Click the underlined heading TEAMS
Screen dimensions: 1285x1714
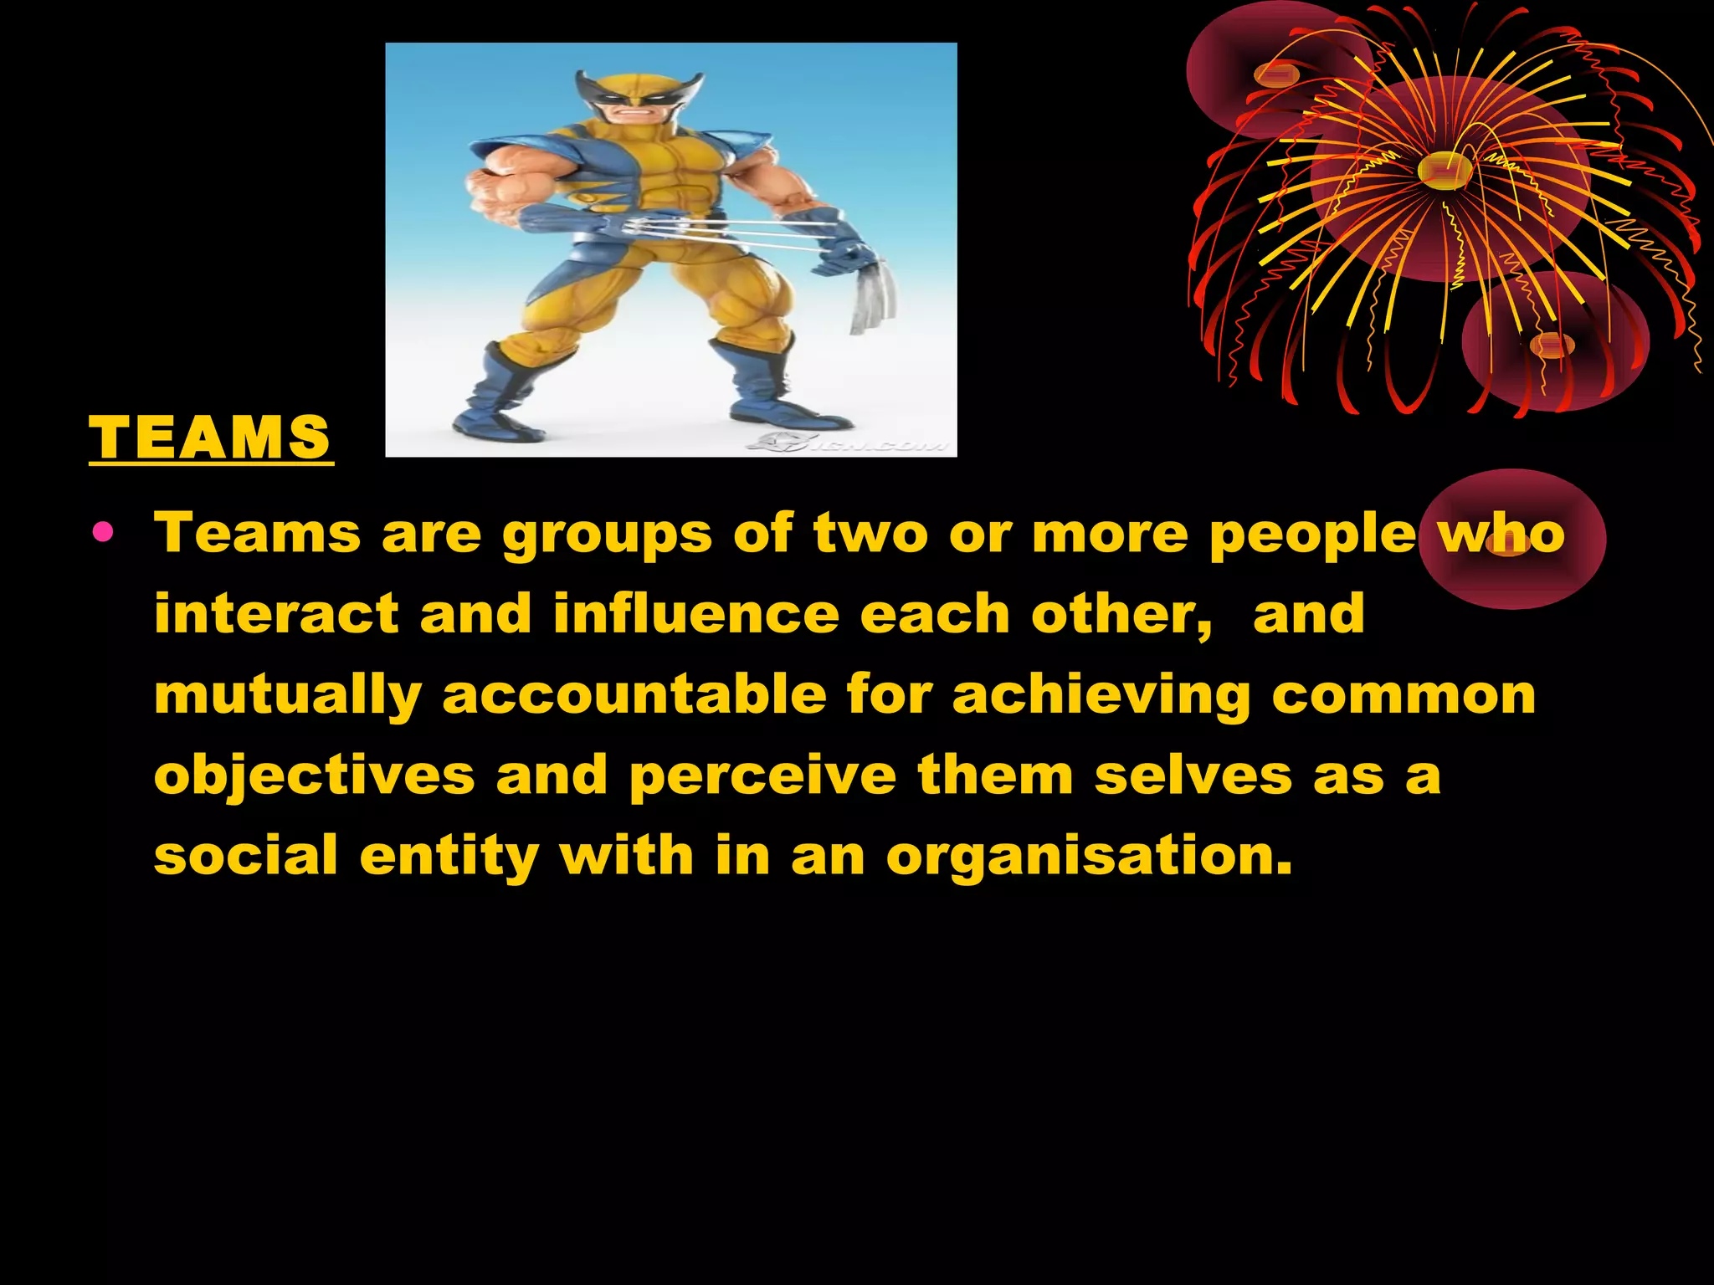(210, 438)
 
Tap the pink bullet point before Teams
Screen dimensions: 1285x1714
(103, 532)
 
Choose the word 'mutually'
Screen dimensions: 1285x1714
(288, 696)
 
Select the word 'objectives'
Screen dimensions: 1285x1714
(315, 776)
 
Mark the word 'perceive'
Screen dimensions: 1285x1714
(762, 776)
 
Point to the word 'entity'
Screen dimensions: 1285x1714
(449, 858)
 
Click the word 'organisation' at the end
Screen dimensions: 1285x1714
(1089, 858)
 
